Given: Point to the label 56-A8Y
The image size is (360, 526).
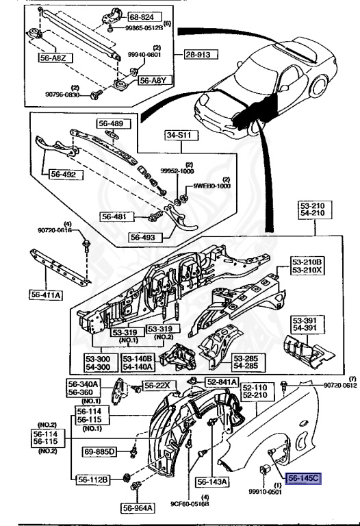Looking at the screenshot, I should click(x=155, y=80).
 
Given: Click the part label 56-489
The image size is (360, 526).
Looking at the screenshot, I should click(x=112, y=124).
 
